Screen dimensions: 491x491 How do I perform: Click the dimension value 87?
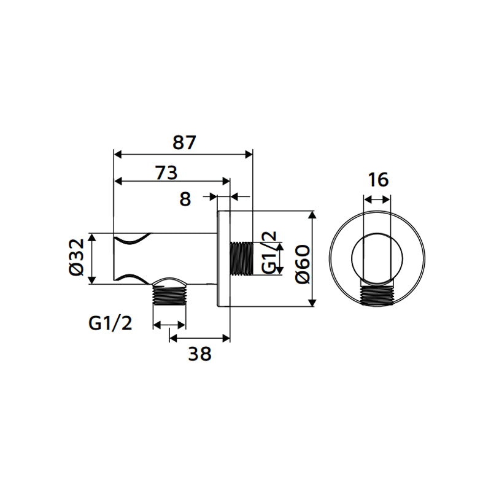click(x=184, y=142)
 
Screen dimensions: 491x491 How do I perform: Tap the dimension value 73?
click(x=166, y=172)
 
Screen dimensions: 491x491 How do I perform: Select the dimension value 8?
click(x=186, y=198)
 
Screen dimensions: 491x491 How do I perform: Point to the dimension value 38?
click(x=201, y=354)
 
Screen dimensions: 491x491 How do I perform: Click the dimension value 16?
click(x=378, y=180)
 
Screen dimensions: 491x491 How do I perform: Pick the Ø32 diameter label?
click(x=75, y=258)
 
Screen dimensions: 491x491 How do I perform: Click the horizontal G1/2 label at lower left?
click(x=110, y=323)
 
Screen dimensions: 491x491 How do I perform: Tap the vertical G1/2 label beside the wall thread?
click(x=269, y=253)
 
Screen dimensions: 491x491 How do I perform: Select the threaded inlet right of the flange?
click(x=241, y=258)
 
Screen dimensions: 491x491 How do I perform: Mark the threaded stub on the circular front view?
click(x=377, y=296)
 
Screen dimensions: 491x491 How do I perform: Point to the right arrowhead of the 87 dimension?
click(x=249, y=154)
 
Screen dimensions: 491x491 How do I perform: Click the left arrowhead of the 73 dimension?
click(x=119, y=181)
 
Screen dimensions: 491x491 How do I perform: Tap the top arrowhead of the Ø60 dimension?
click(x=313, y=216)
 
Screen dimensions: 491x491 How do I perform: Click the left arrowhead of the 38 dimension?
click(x=173, y=337)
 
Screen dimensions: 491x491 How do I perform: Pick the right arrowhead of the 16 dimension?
click(x=387, y=199)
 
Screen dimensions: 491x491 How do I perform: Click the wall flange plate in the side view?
click(x=224, y=259)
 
